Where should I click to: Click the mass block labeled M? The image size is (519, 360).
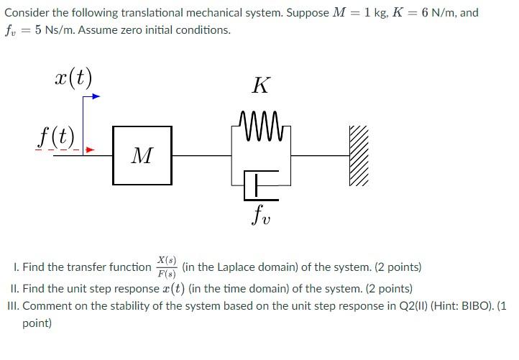(x=142, y=155)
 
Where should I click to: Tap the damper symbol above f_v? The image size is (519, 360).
(x=259, y=184)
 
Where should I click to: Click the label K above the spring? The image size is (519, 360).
(x=260, y=86)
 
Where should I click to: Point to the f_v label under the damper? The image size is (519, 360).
(x=260, y=214)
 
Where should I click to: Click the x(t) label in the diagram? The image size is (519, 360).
(x=73, y=76)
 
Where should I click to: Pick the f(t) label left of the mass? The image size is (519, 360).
(x=57, y=137)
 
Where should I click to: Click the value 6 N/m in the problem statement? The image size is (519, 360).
(x=461, y=13)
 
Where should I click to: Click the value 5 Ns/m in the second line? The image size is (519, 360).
(x=45, y=30)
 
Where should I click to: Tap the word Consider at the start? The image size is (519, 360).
(x=26, y=13)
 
